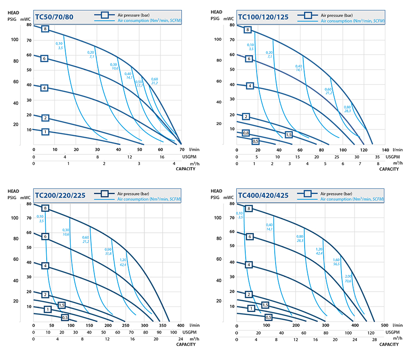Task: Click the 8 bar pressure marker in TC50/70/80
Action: pos(45,29)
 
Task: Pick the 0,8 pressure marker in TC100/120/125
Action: pos(246,133)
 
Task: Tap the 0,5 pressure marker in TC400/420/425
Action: pos(268,317)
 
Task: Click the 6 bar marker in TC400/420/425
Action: pos(249,236)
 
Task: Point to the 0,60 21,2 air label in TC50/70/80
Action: pos(155,81)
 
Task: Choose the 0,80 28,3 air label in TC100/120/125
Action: pos(347,109)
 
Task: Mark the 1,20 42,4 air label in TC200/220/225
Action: pos(123,262)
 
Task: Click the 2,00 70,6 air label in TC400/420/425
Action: pos(348,279)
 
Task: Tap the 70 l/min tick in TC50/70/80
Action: pos(181,149)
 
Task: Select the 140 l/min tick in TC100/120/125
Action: pos(385,149)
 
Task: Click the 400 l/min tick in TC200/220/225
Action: pos(180,325)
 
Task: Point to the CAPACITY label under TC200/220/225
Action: pos(186,345)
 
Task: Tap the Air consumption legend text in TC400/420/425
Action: pos(353,199)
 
